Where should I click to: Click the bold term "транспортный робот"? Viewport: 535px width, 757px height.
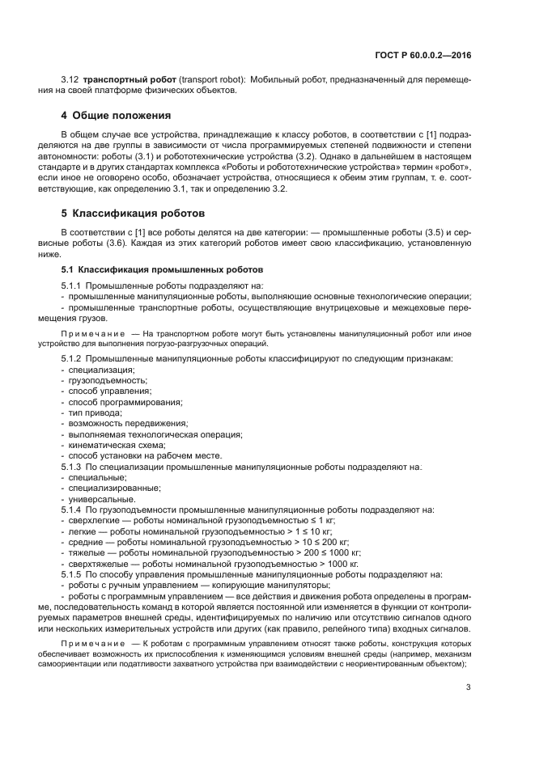(x=121, y=80)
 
